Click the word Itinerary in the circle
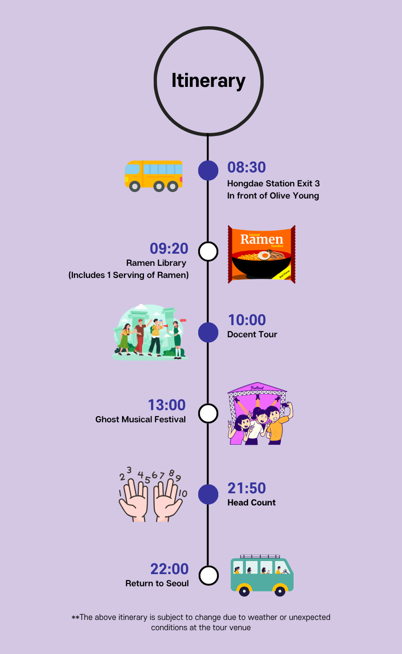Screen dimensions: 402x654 [x=208, y=80]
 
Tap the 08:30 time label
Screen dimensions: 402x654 [x=247, y=167]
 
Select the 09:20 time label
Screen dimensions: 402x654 [x=169, y=249]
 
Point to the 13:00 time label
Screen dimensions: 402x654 [x=166, y=405]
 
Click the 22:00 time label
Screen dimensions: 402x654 [x=169, y=569]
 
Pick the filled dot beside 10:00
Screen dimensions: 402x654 [x=208, y=332]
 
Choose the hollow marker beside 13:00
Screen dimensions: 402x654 [x=208, y=413]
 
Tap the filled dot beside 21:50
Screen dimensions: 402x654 [x=208, y=494]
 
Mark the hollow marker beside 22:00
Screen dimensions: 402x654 [x=208, y=576]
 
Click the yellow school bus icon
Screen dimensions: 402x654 [x=154, y=176]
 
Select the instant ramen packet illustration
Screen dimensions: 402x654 [x=262, y=254]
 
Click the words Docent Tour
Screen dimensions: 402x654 [x=252, y=334]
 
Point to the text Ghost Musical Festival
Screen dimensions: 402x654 [x=141, y=419]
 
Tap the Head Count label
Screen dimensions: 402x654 [x=251, y=503]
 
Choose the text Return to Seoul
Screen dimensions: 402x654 [x=157, y=583]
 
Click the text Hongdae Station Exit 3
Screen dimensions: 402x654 [x=273, y=183]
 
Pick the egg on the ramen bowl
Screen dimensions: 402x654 [x=265, y=256]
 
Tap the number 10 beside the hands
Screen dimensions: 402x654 [x=183, y=493]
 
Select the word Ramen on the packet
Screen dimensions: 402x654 [x=262, y=239]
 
